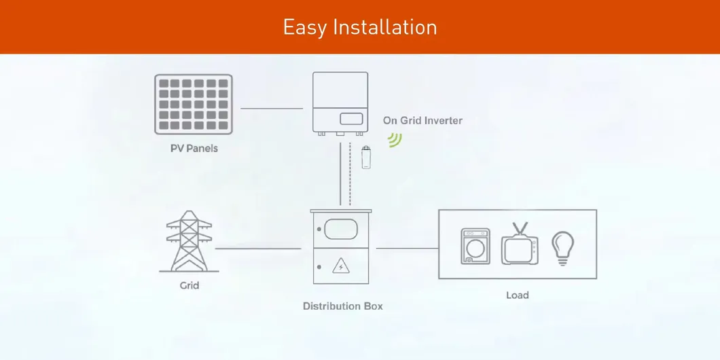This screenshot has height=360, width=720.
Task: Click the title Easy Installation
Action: (x=359, y=27)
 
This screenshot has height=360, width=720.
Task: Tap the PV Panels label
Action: (x=194, y=148)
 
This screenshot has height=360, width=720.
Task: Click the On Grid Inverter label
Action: (x=422, y=120)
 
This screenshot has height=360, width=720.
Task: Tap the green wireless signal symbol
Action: (x=394, y=139)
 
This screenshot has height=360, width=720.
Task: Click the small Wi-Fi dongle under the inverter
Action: (x=366, y=157)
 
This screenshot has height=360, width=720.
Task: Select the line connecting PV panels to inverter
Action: (x=272, y=108)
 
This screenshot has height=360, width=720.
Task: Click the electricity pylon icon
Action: (x=189, y=240)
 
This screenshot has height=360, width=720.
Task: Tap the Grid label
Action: (x=189, y=285)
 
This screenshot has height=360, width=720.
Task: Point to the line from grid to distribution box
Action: (x=258, y=249)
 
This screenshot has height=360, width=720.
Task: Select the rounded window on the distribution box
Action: (x=340, y=228)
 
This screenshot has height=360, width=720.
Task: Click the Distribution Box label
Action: (x=342, y=306)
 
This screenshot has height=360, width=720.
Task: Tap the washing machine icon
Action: (x=474, y=246)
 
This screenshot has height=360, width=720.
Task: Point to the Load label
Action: (x=517, y=295)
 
